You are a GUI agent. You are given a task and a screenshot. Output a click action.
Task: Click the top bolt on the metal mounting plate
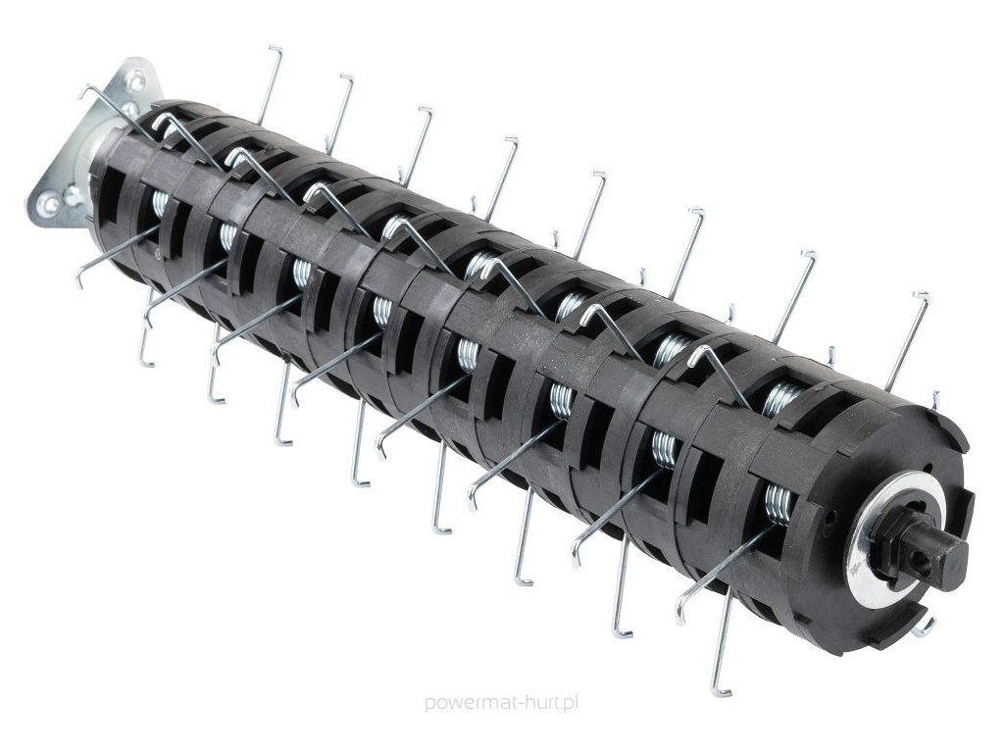(135, 79)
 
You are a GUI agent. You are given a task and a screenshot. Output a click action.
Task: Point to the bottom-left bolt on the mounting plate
(47, 205)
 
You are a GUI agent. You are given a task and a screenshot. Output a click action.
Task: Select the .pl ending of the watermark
(568, 704)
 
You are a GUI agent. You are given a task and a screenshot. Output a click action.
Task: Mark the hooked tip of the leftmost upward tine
(276, 48)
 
